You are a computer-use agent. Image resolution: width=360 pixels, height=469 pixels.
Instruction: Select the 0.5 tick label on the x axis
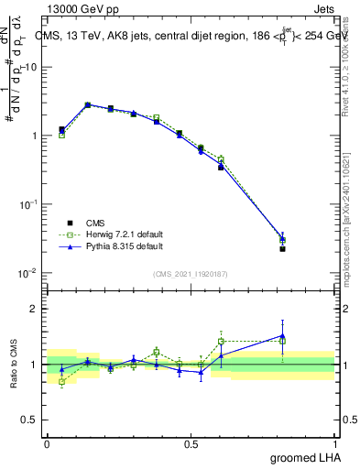click(x=191, y=442)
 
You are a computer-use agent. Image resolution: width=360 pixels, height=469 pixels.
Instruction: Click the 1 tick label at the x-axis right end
click(x=334, y=442)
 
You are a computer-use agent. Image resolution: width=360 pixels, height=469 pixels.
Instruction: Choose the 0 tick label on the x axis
click(x=47, y=442)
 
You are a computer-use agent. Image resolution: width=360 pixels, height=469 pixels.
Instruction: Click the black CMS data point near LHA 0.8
click(x=283, y=249)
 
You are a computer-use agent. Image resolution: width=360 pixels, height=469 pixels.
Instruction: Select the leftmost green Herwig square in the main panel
click(x=61, y=135)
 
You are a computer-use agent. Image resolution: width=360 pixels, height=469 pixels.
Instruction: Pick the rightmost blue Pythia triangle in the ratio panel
click(x=283, y=335)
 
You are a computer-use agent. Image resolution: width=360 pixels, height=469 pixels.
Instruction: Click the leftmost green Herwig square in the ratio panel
click(x=61, y=381)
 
